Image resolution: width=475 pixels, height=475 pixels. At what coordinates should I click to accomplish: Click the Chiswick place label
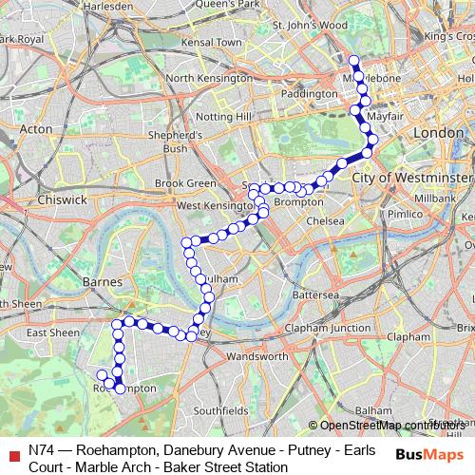(64, 199)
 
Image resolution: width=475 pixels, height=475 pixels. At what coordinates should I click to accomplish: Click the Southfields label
(219, 410)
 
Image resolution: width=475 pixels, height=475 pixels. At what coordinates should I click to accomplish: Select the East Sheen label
(53, 333)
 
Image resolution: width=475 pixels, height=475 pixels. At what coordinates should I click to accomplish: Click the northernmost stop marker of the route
(354, 62)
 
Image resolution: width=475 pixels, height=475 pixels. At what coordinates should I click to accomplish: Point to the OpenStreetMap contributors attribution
(390, 425)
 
